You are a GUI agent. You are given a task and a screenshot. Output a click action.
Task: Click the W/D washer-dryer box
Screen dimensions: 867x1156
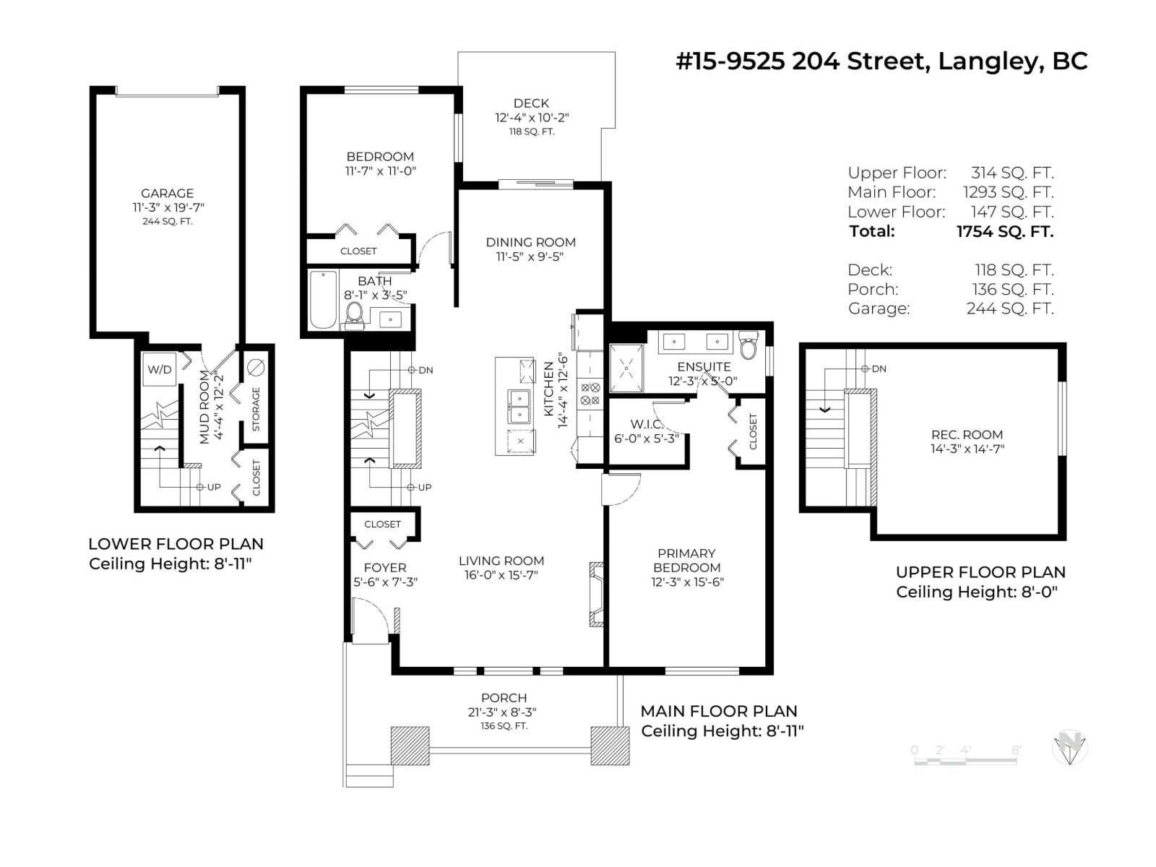point(160,369)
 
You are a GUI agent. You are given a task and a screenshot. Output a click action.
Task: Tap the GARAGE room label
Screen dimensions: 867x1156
point(167,193)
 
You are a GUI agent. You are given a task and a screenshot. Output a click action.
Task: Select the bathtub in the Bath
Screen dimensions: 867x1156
point(323,300)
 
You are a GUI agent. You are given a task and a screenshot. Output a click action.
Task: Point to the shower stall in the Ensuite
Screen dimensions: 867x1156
point(626,368)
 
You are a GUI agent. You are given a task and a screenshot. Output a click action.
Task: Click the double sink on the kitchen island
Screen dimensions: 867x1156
point(519,406)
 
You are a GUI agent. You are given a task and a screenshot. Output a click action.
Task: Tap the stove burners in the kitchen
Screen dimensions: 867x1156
point(590,394)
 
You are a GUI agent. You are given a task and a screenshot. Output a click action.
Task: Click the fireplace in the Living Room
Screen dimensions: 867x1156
point(597,594)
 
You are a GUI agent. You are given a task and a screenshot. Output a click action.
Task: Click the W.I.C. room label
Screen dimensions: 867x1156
point(647,424)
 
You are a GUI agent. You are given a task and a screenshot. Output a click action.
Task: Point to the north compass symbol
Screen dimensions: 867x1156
point(1069,747)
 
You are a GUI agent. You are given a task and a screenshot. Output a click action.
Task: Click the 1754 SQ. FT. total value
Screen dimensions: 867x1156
point(1004,231)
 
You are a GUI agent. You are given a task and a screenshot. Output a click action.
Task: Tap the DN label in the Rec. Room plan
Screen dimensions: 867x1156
point(879,368)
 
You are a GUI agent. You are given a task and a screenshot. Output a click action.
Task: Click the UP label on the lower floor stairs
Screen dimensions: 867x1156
point(214,487)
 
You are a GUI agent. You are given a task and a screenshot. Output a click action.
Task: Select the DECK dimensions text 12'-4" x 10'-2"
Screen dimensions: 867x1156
point(532,118)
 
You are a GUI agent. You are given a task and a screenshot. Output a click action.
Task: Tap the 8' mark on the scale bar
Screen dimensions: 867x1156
point(1016,750)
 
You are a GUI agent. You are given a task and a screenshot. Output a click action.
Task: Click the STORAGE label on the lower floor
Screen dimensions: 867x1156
point(256,409)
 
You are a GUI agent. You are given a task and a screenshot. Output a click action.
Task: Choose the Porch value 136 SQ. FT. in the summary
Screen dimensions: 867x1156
point(1012,289)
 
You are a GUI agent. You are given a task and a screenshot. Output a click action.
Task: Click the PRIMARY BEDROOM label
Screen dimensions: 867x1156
point(686,560)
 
